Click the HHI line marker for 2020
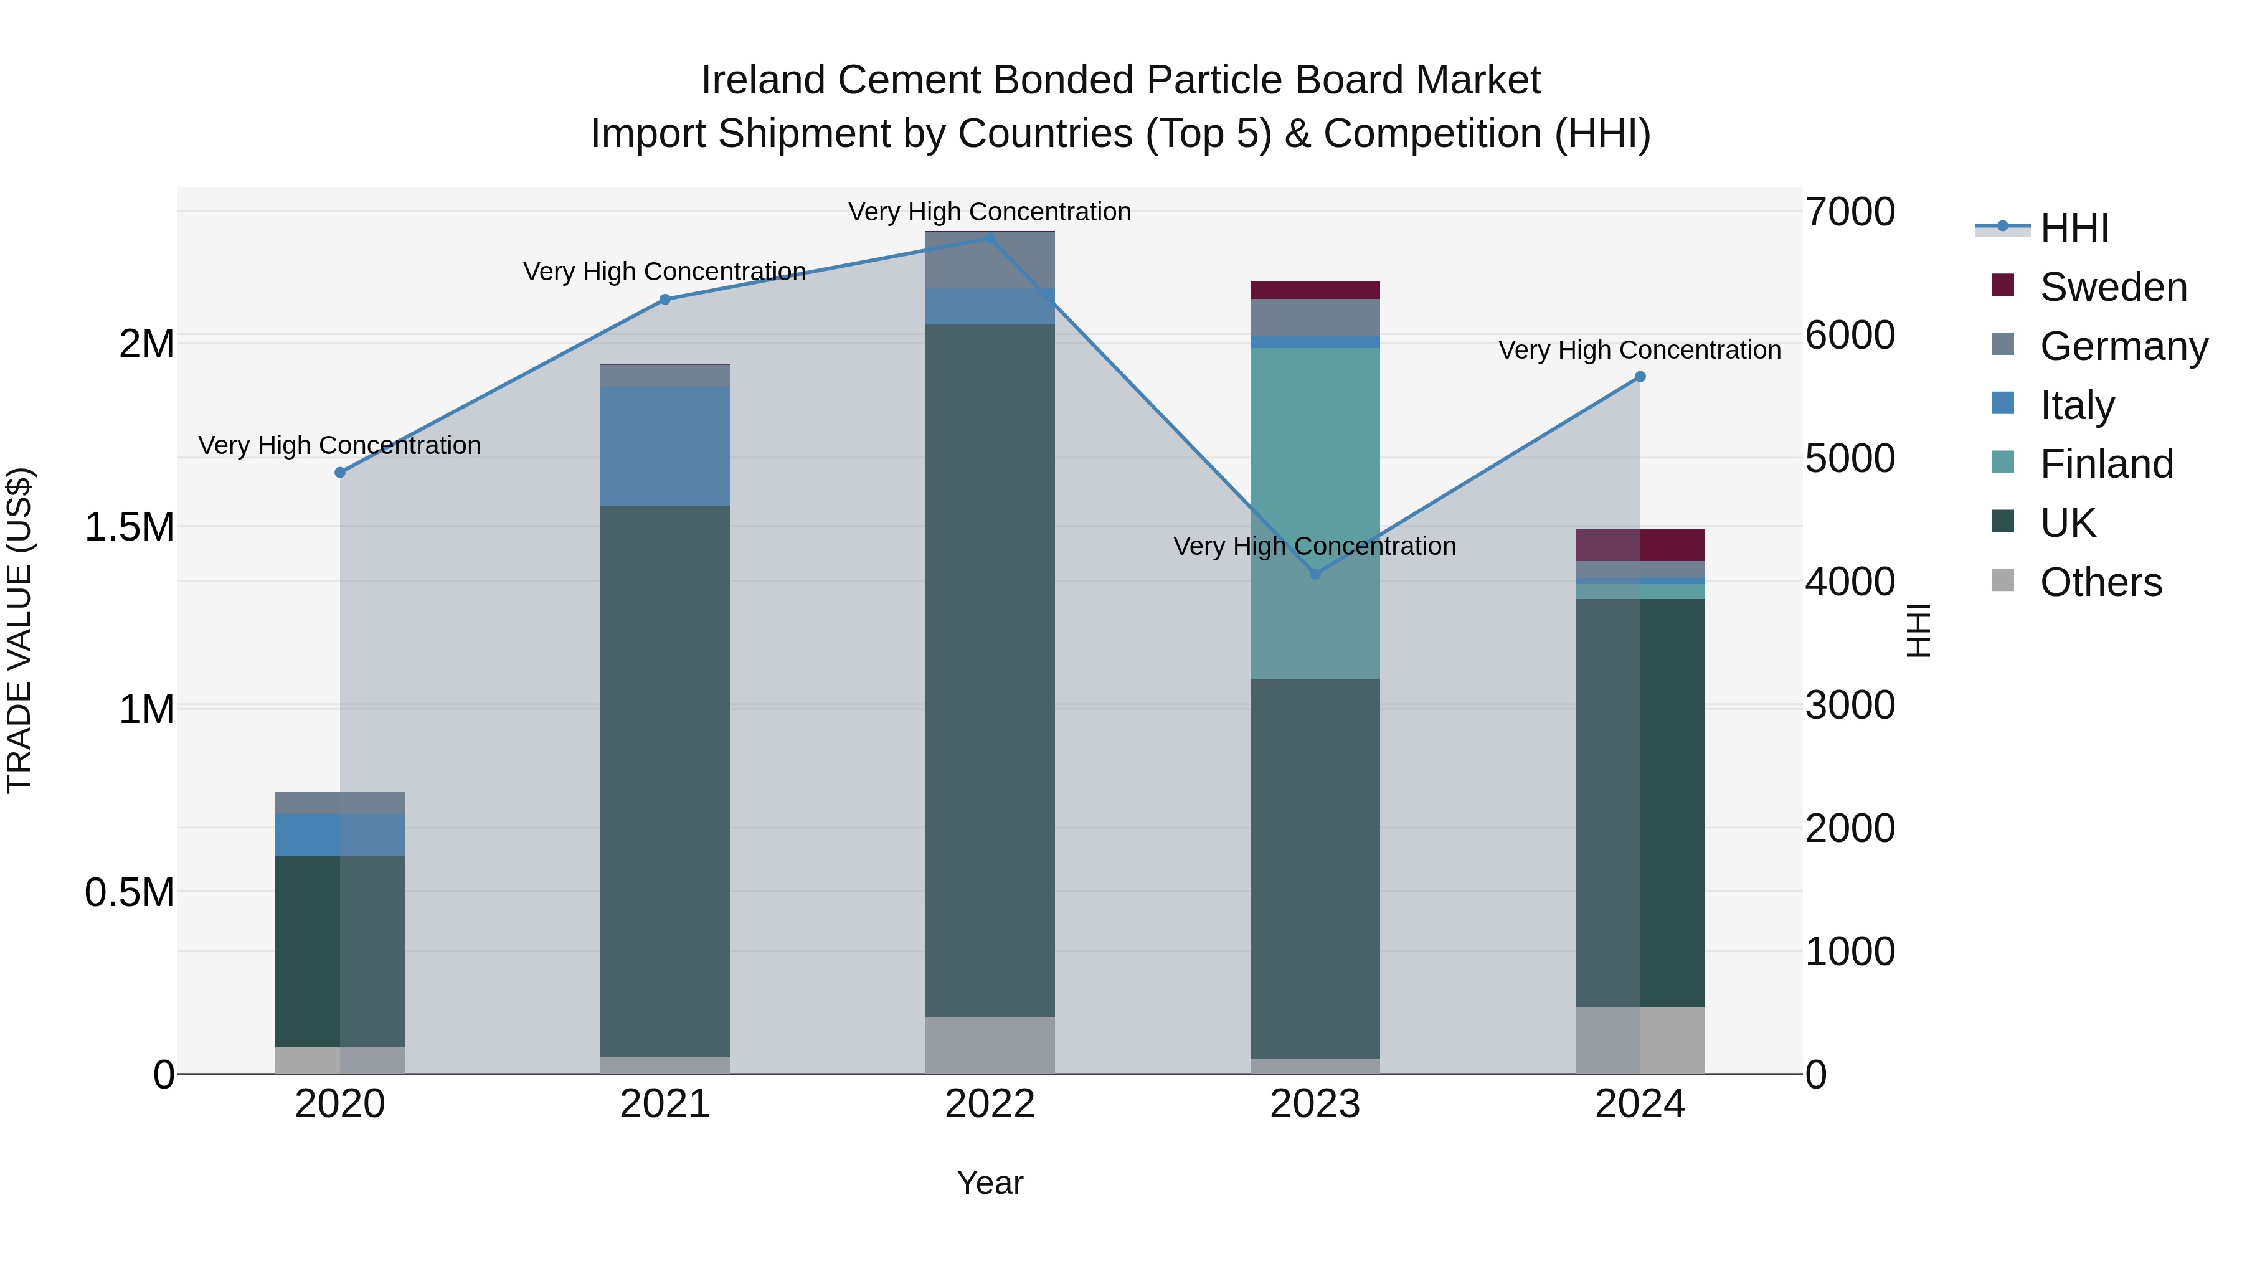[x=340, y=473]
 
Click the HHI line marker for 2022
[x=990, y=239]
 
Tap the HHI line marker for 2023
[x=1315, y=574]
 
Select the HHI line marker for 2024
[x=1640, y=377]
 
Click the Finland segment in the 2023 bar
[x=1315, y=514]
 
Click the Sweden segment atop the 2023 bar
[x=1315, y=290]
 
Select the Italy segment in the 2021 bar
[x=665, y=446]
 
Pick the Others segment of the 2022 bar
[x=990, y=1044]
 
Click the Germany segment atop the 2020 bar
[x=340, y=803]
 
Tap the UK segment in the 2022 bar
[x=990, y=670]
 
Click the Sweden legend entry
[x=2112, y=287]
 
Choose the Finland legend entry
[x=2106, y=464]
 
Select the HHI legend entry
[x=2074, y=228]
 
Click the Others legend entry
[x=2100, y=582]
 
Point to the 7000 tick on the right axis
[x=1850, y=212]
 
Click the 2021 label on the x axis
[x=665, y=1104]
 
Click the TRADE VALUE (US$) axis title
[x=19, y=630]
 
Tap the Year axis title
[x=990, y=1183]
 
